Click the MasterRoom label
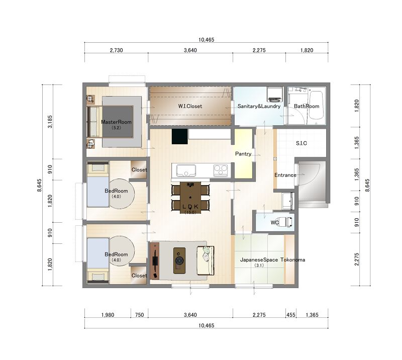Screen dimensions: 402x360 pyautogui.click(x=116, y=122)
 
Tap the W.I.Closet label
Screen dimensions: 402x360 pyautogui.click(x=190, y=106)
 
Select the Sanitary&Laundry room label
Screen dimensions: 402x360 pyautogui.click(x=259, y=106)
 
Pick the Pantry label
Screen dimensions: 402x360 pyautogui.click(x=243, y=154)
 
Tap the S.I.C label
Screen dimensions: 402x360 pyautogui.click(x=301, y=143)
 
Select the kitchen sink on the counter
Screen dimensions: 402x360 pyautogui.click(x=186, y=170)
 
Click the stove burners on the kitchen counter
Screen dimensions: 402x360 pyautogui.click(x=221, y=170)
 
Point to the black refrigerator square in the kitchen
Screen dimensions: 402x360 pyautogui.click(x=180, y=136)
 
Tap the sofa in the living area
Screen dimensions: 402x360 pyautogui.click(x=206, y=260)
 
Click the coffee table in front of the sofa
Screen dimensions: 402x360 pyautogui.click(x=179, y=260)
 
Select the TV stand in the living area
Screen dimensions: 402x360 pyautogui.click(x=155, y=261)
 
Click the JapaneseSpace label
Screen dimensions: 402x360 pyautogui.click(x=259, y=259)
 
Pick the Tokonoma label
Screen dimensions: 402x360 pyautogui.click(x=293, y=259)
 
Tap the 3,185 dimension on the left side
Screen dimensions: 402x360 pyautogui.click(x=50, y=122)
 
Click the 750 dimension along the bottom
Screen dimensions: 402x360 pyautogui.click(x=139, y=315)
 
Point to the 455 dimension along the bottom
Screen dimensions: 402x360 pyautogui.click(x=291, y=315)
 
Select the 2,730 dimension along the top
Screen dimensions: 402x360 pyautogui.click(x=117, y=50)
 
